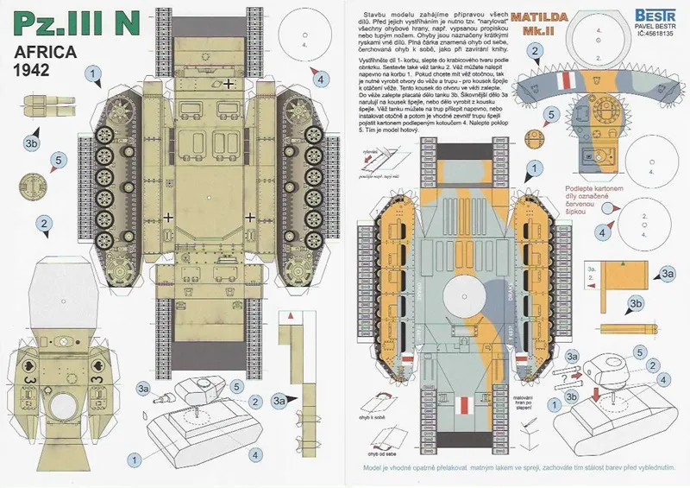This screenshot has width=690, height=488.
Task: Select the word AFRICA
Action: [x=48, y=54]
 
